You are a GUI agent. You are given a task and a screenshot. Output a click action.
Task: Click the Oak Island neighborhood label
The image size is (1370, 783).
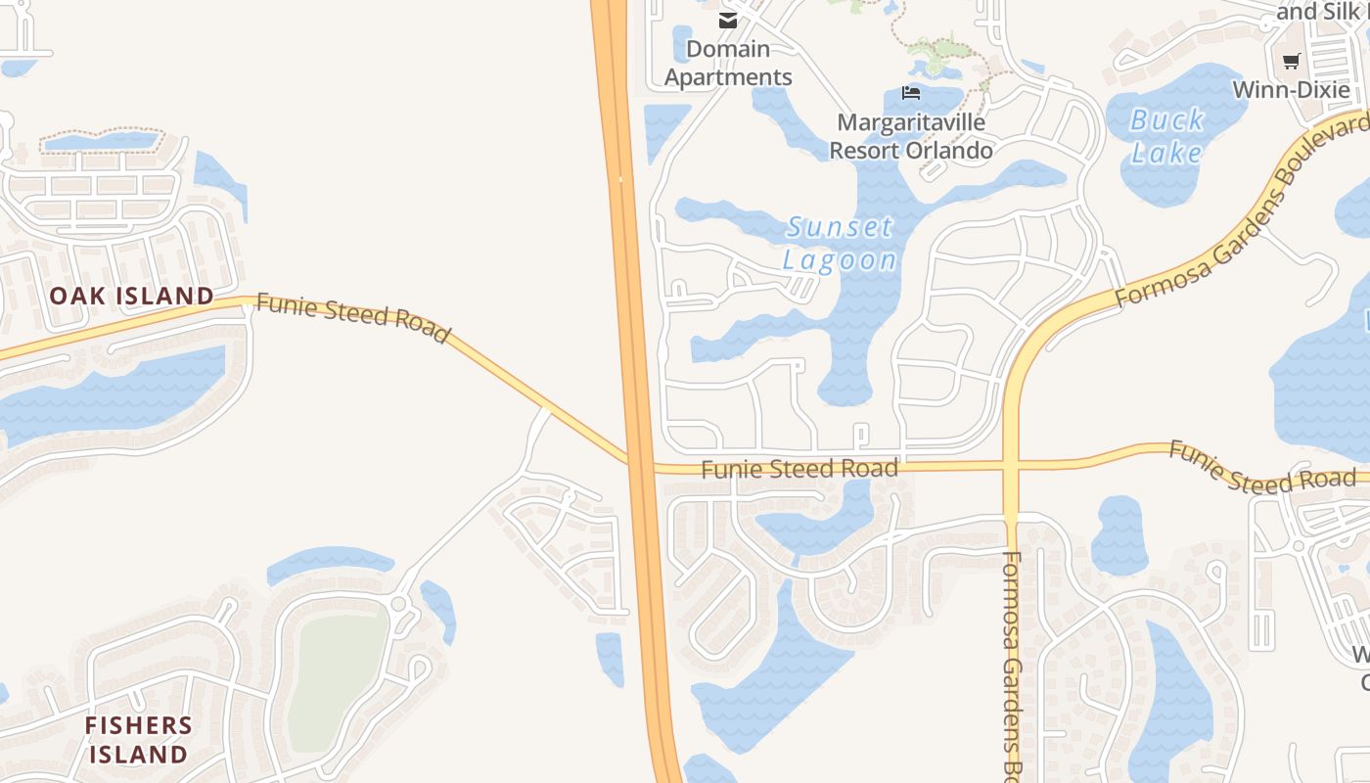pos(131,296)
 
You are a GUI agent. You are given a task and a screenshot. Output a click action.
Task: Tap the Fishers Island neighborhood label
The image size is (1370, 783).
pos(138,740)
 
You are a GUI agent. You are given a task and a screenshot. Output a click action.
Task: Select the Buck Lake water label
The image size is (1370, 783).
pos(1166,136)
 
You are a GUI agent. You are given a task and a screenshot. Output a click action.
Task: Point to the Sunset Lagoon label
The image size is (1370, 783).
pos(841,244)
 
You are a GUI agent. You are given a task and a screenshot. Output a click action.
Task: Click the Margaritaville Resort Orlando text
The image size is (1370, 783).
pos(911,137)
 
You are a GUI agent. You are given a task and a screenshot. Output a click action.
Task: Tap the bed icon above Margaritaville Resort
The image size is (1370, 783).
pos(911,94)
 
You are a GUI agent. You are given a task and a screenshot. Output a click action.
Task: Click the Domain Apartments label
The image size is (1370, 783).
pos(728,63)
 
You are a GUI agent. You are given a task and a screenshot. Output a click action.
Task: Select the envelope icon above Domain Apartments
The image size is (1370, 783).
pos(727,21)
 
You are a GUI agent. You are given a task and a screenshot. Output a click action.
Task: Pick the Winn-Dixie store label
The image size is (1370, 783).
pos(1291,89)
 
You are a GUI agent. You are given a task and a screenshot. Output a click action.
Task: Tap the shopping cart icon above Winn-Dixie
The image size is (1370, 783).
pos(1291,61)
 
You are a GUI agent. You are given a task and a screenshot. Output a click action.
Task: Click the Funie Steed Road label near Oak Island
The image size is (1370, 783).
pos(353,318)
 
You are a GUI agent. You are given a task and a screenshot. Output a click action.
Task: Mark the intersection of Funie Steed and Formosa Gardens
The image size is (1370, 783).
pos(1012,466)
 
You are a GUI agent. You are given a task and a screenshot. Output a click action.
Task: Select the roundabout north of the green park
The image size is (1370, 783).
pos(398,604)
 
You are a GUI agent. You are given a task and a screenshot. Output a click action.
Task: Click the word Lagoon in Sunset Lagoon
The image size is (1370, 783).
pos(841,260)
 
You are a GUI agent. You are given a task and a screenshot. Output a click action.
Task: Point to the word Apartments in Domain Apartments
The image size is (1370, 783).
pos(728,77)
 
